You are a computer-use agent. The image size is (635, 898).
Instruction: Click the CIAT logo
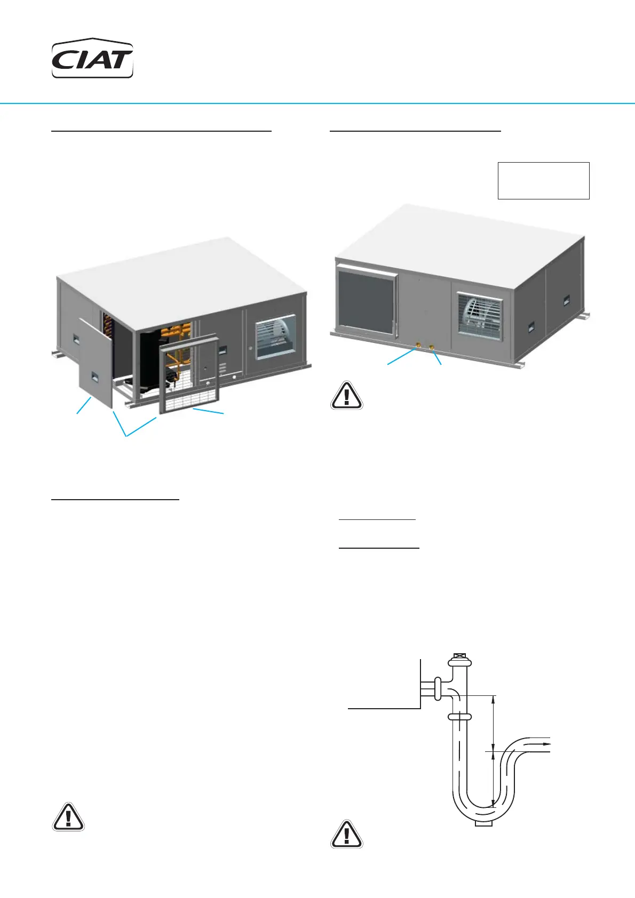[92, 59]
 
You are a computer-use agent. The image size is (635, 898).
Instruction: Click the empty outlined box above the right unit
[543, 181]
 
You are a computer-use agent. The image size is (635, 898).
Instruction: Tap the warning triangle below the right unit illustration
[347, 396]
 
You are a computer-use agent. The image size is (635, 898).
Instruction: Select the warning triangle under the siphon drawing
[347, 835]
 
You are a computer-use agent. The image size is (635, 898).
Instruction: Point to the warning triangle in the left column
[68, 817]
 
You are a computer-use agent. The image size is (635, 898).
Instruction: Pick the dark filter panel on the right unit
[366, 299]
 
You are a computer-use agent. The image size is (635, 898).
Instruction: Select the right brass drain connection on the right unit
[432, 348]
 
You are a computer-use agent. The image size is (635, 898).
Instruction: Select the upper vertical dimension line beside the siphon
[494, 723]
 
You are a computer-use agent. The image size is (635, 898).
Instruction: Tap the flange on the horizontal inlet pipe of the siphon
[438, 688]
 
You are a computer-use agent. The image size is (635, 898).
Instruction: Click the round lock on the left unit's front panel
[251, 348]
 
